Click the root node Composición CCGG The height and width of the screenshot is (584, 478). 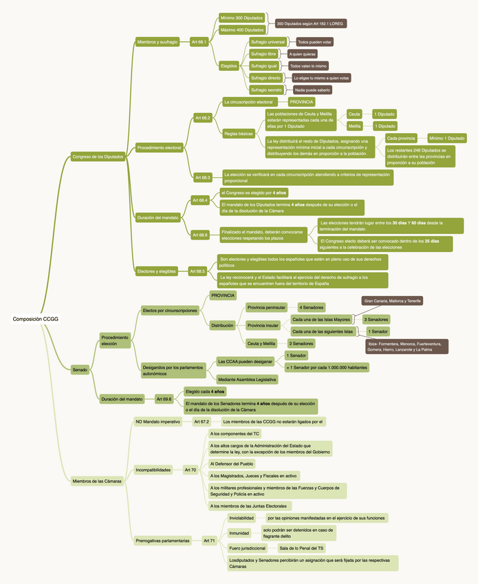[x=35, y=319]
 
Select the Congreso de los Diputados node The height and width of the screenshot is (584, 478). [x=98, y=157]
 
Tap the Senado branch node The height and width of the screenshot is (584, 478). [x=80, y=370]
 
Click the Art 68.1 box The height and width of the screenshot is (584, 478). [x=199, y=42]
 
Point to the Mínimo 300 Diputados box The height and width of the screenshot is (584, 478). [x=241, y=17]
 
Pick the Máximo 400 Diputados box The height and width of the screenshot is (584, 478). [x=241, y=30]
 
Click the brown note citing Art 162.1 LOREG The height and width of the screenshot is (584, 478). [x=310, y=23]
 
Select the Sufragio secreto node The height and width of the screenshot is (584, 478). [x=266, y=90]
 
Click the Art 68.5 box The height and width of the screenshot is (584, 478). [x=197, y=271]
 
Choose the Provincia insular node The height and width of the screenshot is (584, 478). [x=263, y=325]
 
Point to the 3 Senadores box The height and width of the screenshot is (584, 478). [x=376, y=320]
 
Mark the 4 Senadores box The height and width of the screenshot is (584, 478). [x=312, y=307]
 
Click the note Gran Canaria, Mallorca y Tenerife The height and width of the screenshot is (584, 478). [x=393, y=301]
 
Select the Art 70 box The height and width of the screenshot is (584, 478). [x=191, y=470]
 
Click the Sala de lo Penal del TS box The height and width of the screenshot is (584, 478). [x=301, y=548]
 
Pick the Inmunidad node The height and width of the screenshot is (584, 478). [x=239, y=532]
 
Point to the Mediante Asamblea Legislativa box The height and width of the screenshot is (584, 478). [x=247, y=379]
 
